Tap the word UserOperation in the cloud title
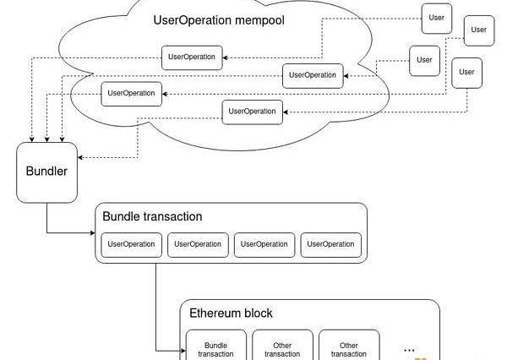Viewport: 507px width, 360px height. coord(190,19)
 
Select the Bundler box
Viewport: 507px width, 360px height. coord(46,172)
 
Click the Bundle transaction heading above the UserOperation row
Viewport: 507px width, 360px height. coord(152,216)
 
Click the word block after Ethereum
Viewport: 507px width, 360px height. coord(258,314)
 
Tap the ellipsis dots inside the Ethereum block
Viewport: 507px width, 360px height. coord(410,347)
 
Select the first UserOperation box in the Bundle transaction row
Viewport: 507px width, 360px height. coord(132,244)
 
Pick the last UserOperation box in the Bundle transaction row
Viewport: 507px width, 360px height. coord(330,244)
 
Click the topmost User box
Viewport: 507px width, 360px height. coord(437,19)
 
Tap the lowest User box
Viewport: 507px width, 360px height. coord(466,73)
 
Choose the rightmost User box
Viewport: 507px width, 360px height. coord(478,30)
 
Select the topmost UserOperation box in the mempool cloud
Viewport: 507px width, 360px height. coord(192,57)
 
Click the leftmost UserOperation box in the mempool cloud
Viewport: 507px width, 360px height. coord(131,94)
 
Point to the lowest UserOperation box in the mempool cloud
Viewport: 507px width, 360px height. coord(252,112)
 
